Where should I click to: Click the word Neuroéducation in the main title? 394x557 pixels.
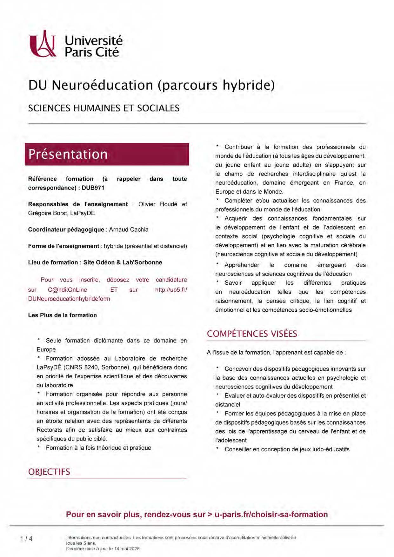[x=102, y=85]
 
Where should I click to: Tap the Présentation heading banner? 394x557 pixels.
[x=107, y=154]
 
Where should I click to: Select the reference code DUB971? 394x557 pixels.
[x=93, y=188]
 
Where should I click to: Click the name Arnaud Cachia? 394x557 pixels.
[x=129, y=229]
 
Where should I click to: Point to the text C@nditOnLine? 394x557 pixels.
[x=67, y=290]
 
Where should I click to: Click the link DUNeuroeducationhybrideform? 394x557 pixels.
[x=69, y=299]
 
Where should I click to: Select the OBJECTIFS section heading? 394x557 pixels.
[x=49, y=472]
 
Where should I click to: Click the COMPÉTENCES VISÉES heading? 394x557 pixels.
[x=252, y=334]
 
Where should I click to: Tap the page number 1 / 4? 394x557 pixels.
[x=26, y=538]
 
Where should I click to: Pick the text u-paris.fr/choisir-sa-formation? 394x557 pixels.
[x=271, y=514]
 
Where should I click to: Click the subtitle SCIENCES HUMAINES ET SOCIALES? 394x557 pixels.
[x=104, y=108]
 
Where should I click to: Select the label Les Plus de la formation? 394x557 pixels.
[x=62, y=315]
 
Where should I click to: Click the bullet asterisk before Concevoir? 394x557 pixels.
[x=217, y=368]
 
